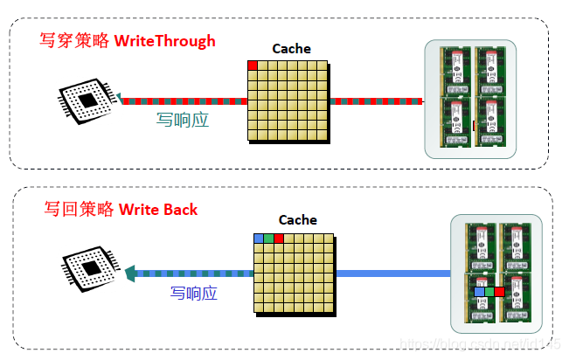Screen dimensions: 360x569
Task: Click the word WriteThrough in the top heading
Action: click(x=164, y=40)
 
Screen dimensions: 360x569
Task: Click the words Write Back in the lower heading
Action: click(x=158, y=209)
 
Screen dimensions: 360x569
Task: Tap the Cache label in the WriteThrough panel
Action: click(x=291, y=49)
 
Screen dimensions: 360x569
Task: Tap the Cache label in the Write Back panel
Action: click(x=297, y=220)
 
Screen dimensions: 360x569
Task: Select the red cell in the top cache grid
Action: click(x=253, y=65)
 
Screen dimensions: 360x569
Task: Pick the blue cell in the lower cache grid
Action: click(x=259, y=238)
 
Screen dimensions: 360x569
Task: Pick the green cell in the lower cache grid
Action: click(x=268, y=238)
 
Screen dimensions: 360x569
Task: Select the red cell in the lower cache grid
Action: click(x=278, y=238)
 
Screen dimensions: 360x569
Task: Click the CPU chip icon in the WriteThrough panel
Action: click(x=87, y=102)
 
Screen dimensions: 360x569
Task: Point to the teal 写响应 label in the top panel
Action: click(x=182, y=120)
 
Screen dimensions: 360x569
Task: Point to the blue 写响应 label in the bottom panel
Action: click(x=193, y=293)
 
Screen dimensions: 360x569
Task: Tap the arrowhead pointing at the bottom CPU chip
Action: click(x=131, y=273)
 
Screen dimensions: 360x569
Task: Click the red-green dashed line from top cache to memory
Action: click(x=376, y=101)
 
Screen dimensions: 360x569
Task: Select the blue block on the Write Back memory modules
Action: click(x=479, y=291)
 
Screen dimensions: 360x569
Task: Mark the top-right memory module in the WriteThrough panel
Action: click(x=490, y=69)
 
